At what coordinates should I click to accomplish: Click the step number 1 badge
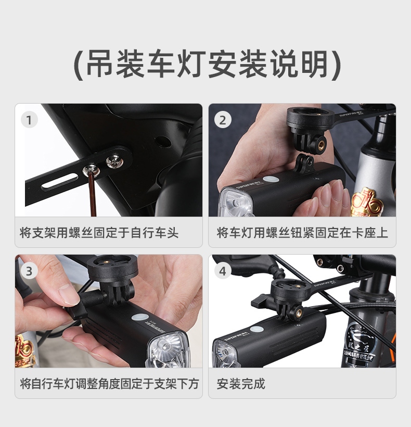(29, 120)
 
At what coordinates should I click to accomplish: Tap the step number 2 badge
(223, 120)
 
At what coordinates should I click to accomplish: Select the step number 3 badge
(29, 271)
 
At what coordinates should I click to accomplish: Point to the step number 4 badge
(223, 271)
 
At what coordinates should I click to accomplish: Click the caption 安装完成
(241, 384)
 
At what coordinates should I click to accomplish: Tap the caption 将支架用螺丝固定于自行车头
(99, 233)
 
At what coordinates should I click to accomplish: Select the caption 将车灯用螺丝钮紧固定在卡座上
(302, 233)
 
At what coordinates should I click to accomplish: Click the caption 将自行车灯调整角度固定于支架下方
(109, 384)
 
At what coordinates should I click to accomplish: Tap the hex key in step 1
(93, 194)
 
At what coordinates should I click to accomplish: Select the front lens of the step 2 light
(236, 203)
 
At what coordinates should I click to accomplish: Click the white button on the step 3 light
(140, 318)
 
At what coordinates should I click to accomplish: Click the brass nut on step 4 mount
(298, 310)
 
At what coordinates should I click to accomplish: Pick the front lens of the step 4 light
(225, 354)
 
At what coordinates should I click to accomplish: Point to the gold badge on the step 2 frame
(365, 203)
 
